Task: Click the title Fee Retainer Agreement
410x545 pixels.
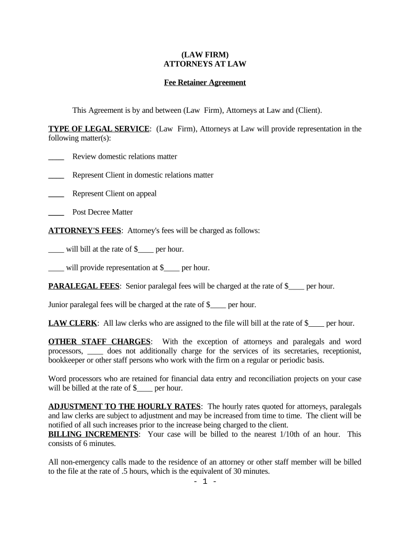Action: tap(204, 82)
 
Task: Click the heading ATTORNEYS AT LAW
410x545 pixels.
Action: tap(204, 64)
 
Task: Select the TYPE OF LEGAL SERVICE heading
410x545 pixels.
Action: tap(99, 129)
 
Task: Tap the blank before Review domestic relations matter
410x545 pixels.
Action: tap(56, 157)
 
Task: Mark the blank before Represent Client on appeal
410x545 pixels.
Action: tap(56, 194)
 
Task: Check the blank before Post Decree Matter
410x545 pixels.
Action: tap(56, 212)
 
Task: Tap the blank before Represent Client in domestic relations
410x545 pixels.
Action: tap(56, 176)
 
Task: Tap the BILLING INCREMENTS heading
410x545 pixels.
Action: tap(93, 434)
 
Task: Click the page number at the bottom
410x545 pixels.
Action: tap(204, 482)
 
